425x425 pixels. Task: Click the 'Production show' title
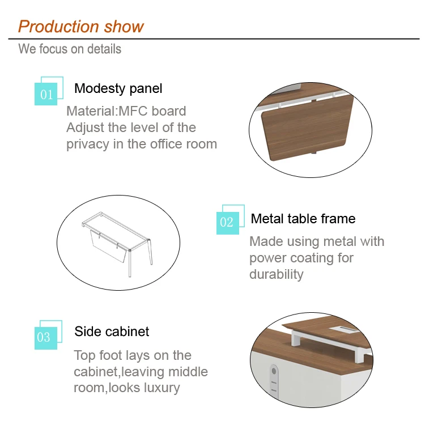(81, 27)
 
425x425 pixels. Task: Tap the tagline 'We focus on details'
(70, 49)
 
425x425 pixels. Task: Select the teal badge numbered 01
(46, 93)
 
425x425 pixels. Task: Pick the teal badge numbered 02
(228, 223)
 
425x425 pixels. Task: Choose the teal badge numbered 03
(46, 338)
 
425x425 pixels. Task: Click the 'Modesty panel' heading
(118, 88)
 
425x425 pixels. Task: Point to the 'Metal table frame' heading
(303, 219)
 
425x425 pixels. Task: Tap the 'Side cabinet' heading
(112, 331)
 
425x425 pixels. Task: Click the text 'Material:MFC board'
(126, 111)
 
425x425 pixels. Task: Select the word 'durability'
(277, 275)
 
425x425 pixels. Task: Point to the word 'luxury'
(162, 388)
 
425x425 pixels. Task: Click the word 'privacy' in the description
(88, 144)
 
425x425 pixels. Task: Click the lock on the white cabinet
(274, 380)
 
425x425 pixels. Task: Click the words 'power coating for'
(301, 258)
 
